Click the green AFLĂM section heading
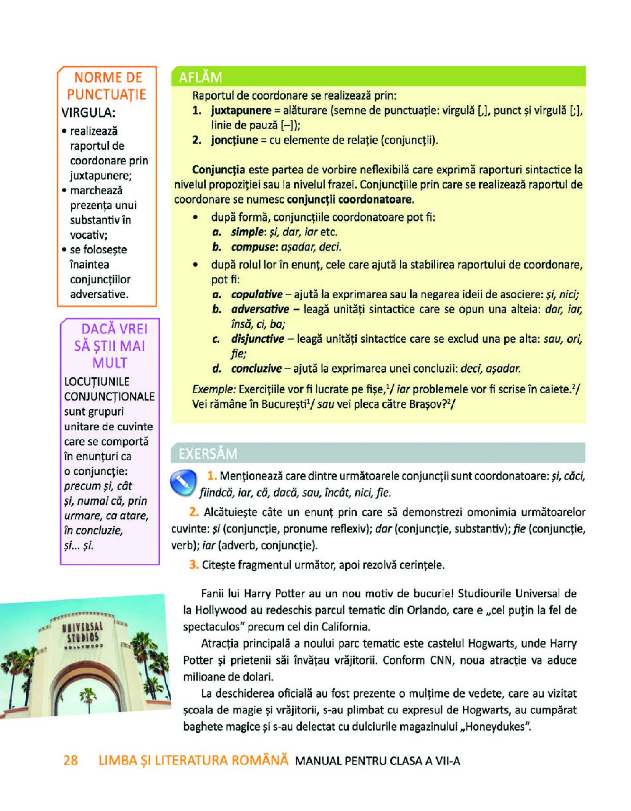pos(200,77)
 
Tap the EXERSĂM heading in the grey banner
pos(208,454)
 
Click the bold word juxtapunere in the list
pos(241,111)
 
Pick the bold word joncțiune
pos(235,140)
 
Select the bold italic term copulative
pos(257,294)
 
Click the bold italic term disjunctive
pos(258,339)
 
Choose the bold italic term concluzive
pos(256,368)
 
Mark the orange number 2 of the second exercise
pos(194,512)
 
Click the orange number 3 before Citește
pos(194,564)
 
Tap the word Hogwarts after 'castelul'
pos(492,644)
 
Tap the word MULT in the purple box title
pos(109,363)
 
